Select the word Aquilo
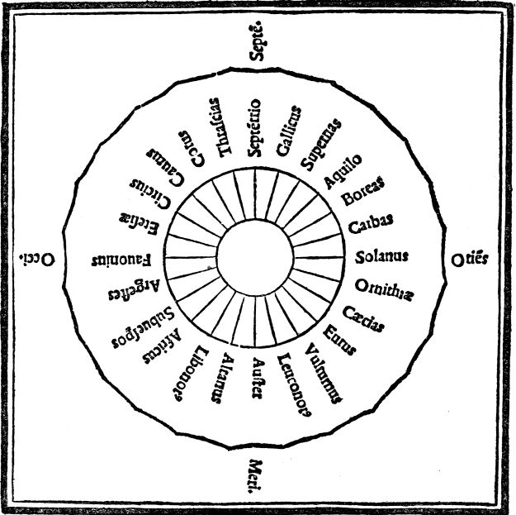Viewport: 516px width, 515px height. [x=343, y=170]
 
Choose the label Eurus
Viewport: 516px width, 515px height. [x=341, y=339]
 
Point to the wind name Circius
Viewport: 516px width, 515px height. [x=144, y=194]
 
